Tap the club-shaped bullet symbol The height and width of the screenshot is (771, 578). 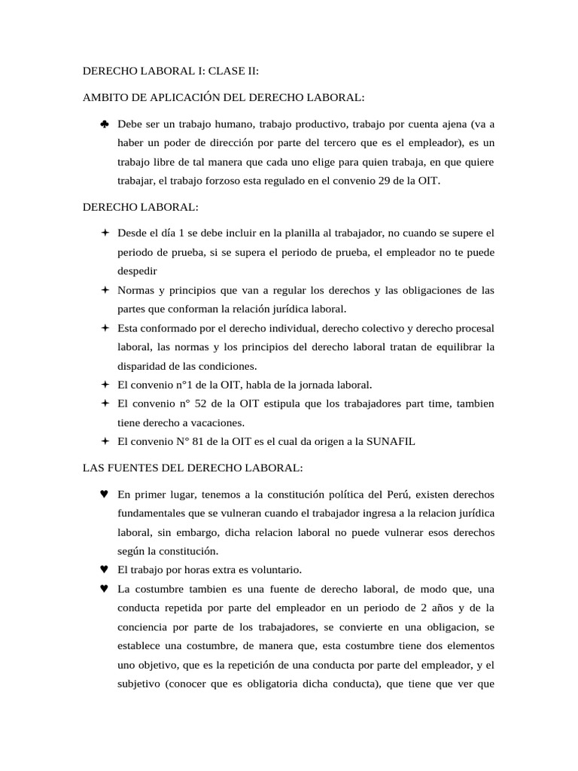[x=104, y=123]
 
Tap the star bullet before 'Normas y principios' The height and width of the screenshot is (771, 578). [x=104, y=290]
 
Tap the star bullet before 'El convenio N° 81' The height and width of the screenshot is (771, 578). [x=104, y=441]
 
